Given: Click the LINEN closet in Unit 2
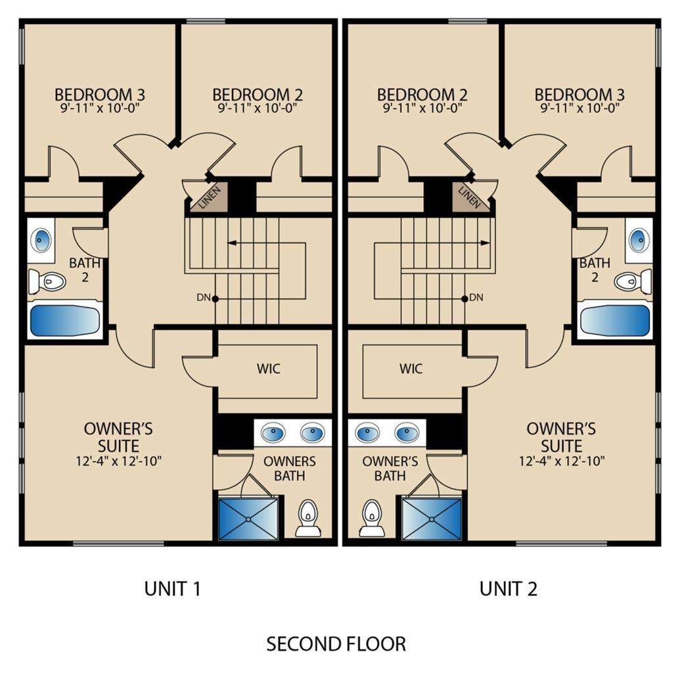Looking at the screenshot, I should [470, 196].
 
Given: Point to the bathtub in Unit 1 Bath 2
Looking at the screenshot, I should [65, 320].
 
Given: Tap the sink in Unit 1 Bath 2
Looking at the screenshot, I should [41, 240].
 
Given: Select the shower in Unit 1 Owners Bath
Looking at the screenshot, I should [248, 519].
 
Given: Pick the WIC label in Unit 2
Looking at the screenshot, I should [411, 369].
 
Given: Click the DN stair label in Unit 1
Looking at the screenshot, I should [204, 298].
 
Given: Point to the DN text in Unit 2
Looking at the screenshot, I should [476, 298].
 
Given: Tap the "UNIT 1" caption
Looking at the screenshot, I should [172, 588].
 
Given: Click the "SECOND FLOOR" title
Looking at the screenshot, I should [336, 643].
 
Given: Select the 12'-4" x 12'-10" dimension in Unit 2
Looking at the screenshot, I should [562, 461].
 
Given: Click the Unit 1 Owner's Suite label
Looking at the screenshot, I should [118, 437].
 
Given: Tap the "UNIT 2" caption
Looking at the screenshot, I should [508, 588].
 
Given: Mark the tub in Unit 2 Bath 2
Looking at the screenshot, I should [616, 320].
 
